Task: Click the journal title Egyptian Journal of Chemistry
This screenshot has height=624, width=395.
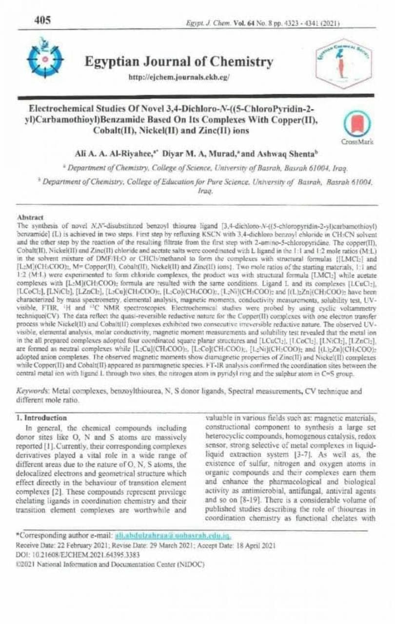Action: pyautogui.click(x=178, y=62)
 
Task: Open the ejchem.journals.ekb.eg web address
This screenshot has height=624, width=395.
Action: pyautogui.click(x=178, y=78)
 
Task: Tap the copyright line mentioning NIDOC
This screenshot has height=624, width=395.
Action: pyautogui.click(x=110, y=565)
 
